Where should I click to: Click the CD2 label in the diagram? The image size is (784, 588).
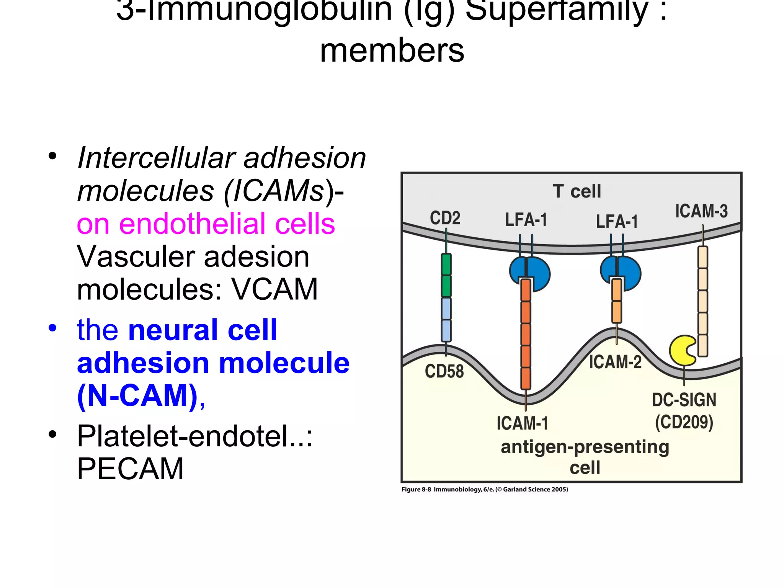click(x=445, y=218)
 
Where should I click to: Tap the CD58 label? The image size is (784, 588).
click(x=444, y=371)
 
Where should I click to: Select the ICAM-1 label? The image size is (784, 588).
click(x=523, y=423)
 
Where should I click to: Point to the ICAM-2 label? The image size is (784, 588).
click(x=615, y=362)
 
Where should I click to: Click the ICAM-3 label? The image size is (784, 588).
click(x=701, y=211)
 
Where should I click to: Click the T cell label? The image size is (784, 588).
click(x=577, y=191)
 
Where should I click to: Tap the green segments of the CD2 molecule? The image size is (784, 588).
click(x=446, y=275)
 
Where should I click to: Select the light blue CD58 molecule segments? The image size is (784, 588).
click(x=446, y=319)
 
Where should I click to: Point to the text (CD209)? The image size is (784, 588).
click(x=684, y=423)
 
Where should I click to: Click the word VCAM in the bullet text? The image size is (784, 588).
click(x=274, y=289)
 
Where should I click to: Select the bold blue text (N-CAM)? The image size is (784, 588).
click(x=138, y=395)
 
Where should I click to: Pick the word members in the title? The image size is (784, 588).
click(x=392, y=51)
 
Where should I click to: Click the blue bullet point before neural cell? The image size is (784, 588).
click(x=52, y=328)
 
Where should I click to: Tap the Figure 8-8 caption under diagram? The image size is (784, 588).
click(x=484, y=489)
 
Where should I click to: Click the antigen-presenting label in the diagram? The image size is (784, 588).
click(x=585, y=447)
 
